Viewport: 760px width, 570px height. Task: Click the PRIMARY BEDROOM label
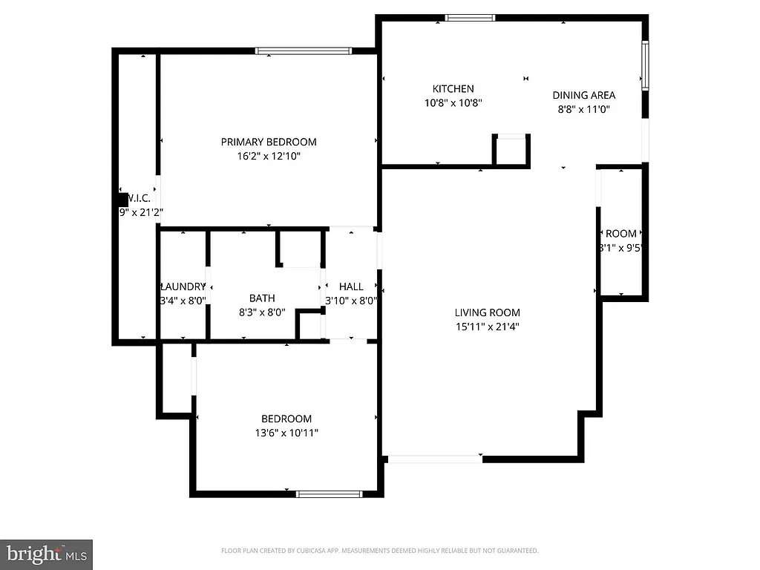coord(269,142)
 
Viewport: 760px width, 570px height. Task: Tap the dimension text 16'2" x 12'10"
coord(269,157)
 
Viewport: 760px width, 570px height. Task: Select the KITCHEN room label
coord(453,89)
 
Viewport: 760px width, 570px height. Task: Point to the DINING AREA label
coord(584,95)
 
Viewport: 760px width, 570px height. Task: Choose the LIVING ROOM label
coord(488,312)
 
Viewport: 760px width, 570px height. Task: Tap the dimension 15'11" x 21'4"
coord(488,327)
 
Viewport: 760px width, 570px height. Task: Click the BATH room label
coord(262,298)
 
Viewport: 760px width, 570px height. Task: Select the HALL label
coord(351,286)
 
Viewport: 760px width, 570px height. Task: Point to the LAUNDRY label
coord(183,286)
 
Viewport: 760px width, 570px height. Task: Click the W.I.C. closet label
coord(139,198)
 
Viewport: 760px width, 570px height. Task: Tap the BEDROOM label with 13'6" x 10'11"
coord(286,419)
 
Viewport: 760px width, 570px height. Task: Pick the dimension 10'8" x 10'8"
coord(453,103)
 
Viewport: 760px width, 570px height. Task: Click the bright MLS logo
coord(46,554)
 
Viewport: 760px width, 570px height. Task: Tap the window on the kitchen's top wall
coord(470,18)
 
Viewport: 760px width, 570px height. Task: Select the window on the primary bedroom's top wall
coord(303,51)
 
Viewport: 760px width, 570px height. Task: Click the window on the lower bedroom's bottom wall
coord(329,494)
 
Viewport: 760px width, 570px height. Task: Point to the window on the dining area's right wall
coord(645,65)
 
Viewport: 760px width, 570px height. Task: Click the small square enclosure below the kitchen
coord(511,151)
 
